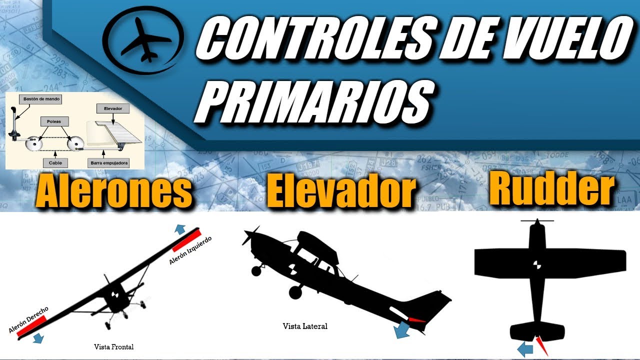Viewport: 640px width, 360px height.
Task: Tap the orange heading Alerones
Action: tap(114, 191)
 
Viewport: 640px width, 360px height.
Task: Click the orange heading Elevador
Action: tap(341, 191)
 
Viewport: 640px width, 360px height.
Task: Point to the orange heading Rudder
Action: tap(551, 189)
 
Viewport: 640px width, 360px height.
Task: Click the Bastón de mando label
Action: tap(41, 99)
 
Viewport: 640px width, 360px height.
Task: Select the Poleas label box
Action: tap(54, 121)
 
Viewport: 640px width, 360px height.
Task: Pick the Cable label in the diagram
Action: tap(55, 162)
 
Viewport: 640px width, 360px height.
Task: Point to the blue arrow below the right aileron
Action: tap(37, 338)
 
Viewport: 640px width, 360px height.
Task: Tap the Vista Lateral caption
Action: tap(305, 326)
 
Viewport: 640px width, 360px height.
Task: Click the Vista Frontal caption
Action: tap(114, 346)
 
